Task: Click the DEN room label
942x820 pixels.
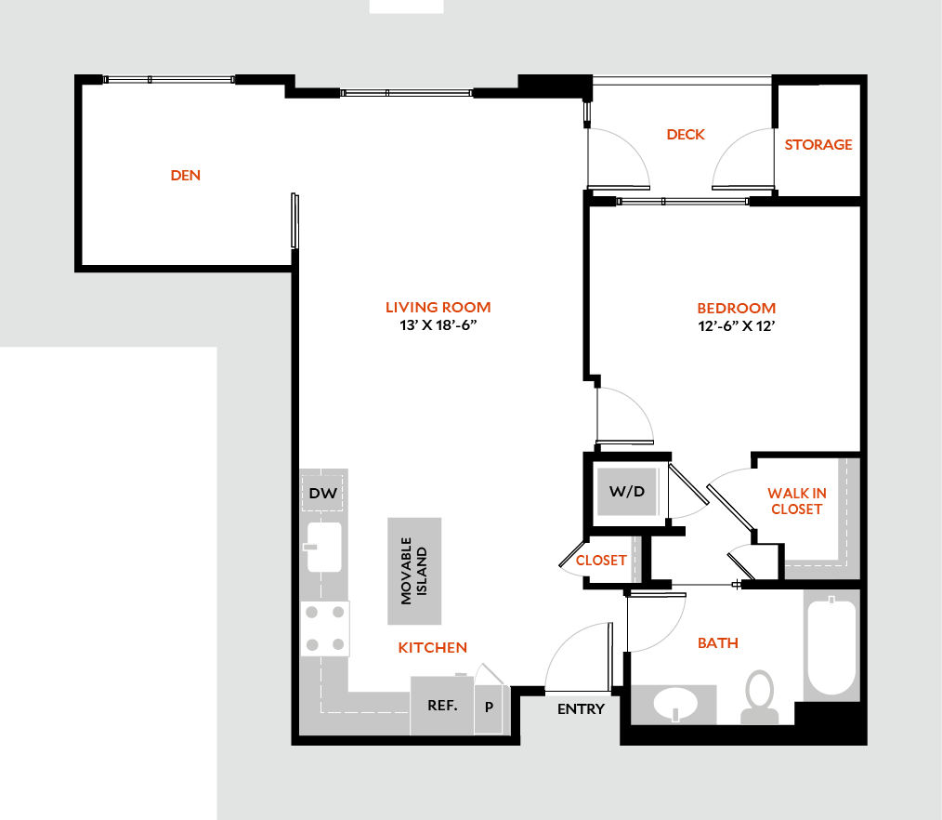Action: tap(186, 175)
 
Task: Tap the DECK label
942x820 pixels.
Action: tap(686, 135)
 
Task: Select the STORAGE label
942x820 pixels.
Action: tap(818, 145)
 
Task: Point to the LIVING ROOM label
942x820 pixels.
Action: tap(438, 307)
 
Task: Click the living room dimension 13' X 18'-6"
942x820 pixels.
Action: tap(438, 325)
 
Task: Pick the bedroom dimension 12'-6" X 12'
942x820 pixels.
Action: tap(737, 326)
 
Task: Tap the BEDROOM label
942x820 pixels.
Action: tap(737, 308)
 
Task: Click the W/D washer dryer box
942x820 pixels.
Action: tap(627, 490)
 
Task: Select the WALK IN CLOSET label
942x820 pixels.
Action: tap(797, 501)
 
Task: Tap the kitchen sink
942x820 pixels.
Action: tap(324, 547)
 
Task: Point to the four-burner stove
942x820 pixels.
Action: tap(325, 628)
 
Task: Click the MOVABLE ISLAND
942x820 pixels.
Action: tap(414, 571)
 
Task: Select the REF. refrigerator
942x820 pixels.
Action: tap(442, 705)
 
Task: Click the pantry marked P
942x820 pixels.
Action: tap(489, 707)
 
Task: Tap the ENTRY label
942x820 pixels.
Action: tap(581, 709)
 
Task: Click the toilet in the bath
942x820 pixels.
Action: tap(760, 697)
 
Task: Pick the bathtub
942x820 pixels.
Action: tap(831, 648)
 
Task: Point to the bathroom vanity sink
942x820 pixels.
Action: tap(674, 704)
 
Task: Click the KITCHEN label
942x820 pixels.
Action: tap(433, 647)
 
